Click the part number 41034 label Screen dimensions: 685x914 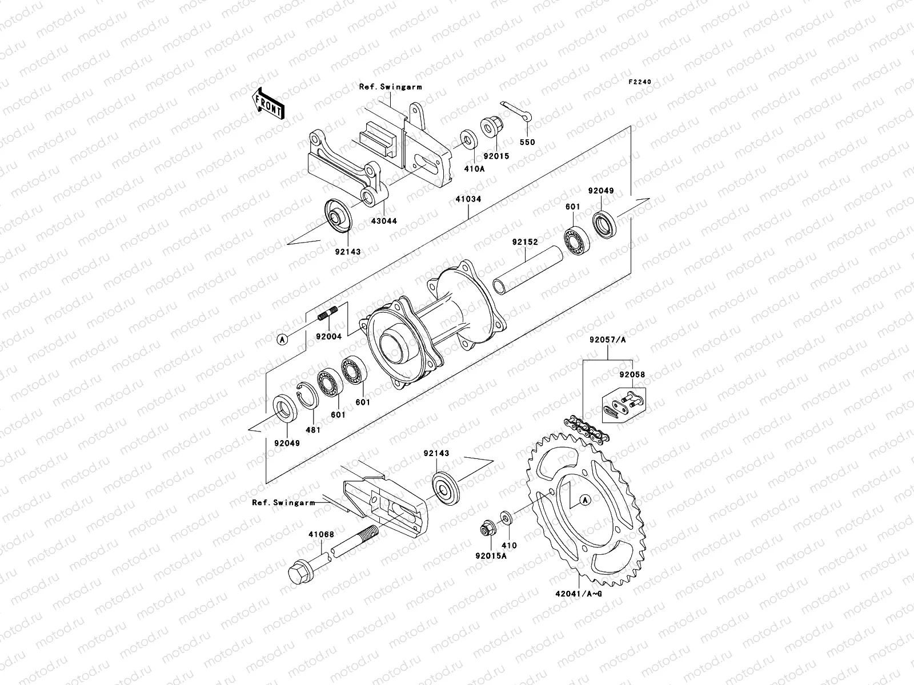[468, 199]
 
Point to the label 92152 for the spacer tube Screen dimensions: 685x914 [524, 243]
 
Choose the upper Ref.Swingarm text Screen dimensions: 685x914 [390, 87]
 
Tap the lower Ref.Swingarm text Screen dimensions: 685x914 [283, 502]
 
